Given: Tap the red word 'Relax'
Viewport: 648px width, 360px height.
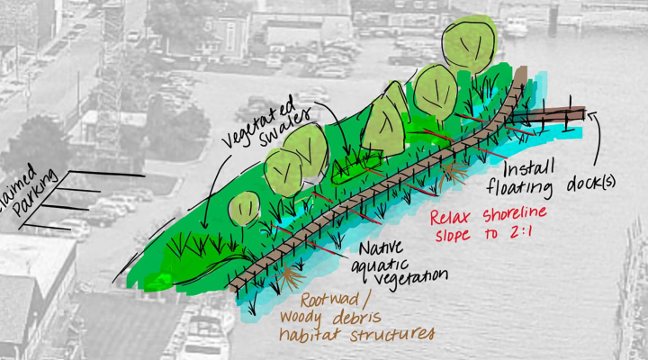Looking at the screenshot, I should (453, 218).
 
